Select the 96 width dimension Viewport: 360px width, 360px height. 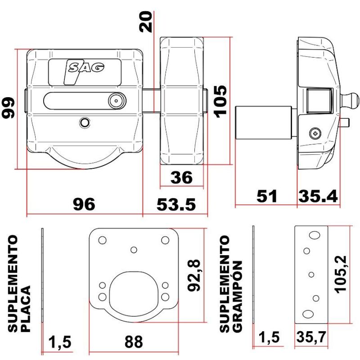pyautogui.click(x=84, y=205)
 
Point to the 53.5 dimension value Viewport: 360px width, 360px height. pyautogui.click(x=176, y=205)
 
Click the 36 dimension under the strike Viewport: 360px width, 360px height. pyautogui.click(x=181, y=178)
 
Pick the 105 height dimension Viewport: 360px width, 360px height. pyautogui.click(x=220, y=101)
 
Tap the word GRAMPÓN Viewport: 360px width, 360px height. pyautogui.click(x=238, y=297)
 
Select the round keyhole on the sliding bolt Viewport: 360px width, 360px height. pyautogui.click(x=116, y=101)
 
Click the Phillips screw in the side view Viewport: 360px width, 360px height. pyautogui.click(x=315, y=132)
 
